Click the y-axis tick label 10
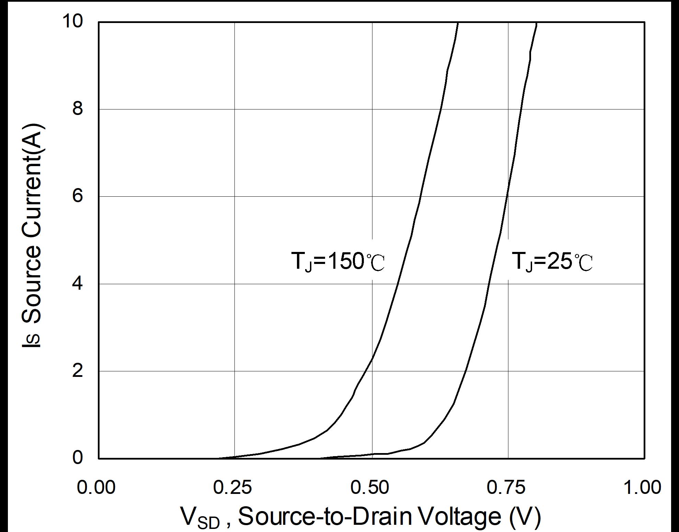72,21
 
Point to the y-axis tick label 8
78,109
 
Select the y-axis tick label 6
78,196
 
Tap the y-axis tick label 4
78,284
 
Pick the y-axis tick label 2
78,371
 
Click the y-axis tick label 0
78,458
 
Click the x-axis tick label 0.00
96,487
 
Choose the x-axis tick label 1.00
642,487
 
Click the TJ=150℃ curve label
338,262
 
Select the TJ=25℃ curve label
552,262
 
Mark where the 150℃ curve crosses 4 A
398,284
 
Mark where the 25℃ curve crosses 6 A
507,196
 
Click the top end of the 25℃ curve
536,23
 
